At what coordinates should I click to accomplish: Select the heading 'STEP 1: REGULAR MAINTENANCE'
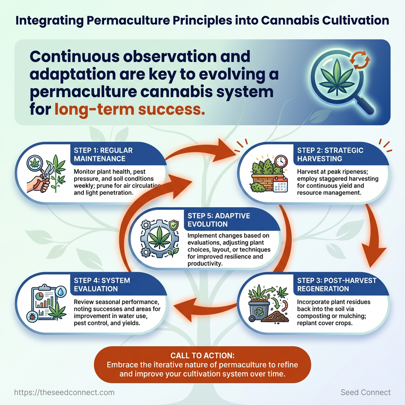click(x=103, y=154)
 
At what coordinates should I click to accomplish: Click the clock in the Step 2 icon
click(x=281, y=161)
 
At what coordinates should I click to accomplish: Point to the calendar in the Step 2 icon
click(x=280, y=184)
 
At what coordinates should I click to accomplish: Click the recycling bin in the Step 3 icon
click(x=259, y=310)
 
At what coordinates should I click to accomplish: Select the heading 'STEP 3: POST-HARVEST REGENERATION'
click(x=337, y=284)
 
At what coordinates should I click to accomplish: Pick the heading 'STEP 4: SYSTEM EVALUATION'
click(x=102, y=284)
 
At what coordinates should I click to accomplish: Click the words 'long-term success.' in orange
click(x=130, y=108)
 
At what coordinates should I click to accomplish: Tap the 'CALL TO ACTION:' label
click(x=202, y=356)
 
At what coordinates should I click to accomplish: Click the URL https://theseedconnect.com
click(x=64, y=392)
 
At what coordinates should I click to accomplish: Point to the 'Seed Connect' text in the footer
click(x=365, y=392)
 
